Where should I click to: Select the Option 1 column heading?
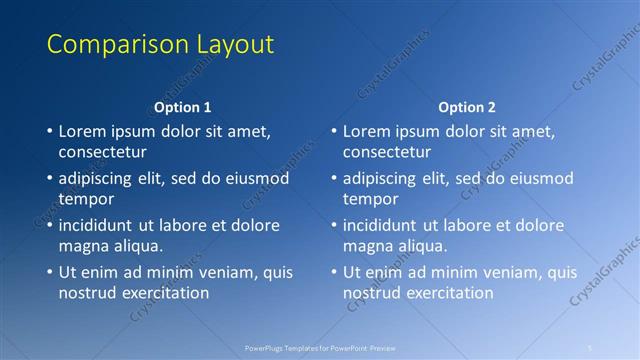(183, 107)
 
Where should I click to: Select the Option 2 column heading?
(467, 107)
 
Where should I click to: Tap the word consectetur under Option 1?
(103, 152)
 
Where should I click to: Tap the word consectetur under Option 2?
(387, 152)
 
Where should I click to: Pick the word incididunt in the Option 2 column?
(386, 225)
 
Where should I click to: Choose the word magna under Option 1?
(83, 246)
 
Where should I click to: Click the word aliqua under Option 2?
(422, 246)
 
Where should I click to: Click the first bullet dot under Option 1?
(49, 131)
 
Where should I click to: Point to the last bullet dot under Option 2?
(333, 272)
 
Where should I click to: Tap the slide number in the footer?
(591, 348)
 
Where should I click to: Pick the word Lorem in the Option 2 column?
(367, 131)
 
